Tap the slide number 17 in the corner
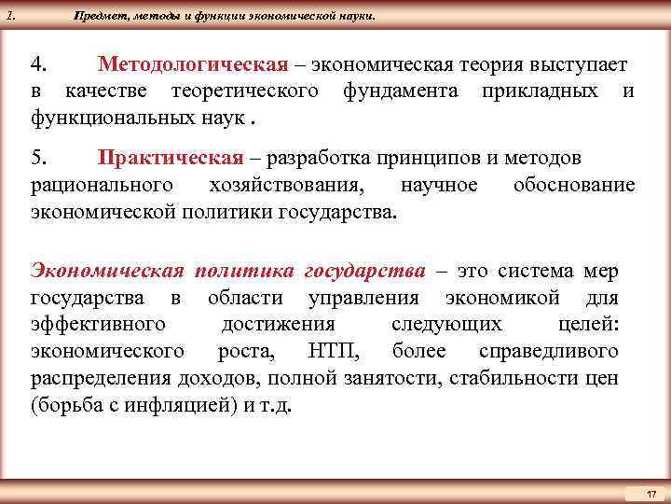pyautogui.click(x=651, y=492)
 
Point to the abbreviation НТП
pyautogui.click(x=330, y=351)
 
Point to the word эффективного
pyautogui.click(x=98, y=325)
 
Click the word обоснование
pyautogui.click(x=574, y=185)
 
